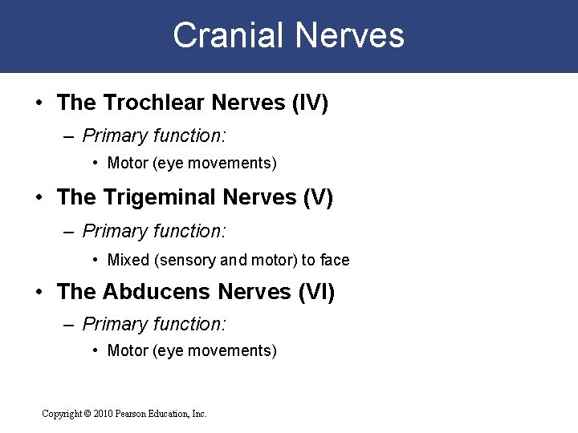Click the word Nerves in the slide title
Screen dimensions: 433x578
click(350, 36)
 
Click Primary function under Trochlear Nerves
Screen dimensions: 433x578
click(154, 136)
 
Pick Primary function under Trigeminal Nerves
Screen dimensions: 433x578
click(154, 231)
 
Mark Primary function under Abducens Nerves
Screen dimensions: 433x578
click(154, 324)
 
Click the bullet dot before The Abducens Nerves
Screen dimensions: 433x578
click(39, 293)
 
